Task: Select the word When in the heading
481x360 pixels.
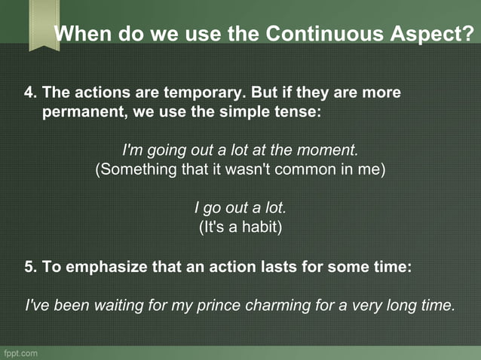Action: point(81,35)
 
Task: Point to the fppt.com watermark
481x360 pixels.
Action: point(20,352)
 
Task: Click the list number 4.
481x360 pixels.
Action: point(29,93)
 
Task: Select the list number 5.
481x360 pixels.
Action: point(29,267)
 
